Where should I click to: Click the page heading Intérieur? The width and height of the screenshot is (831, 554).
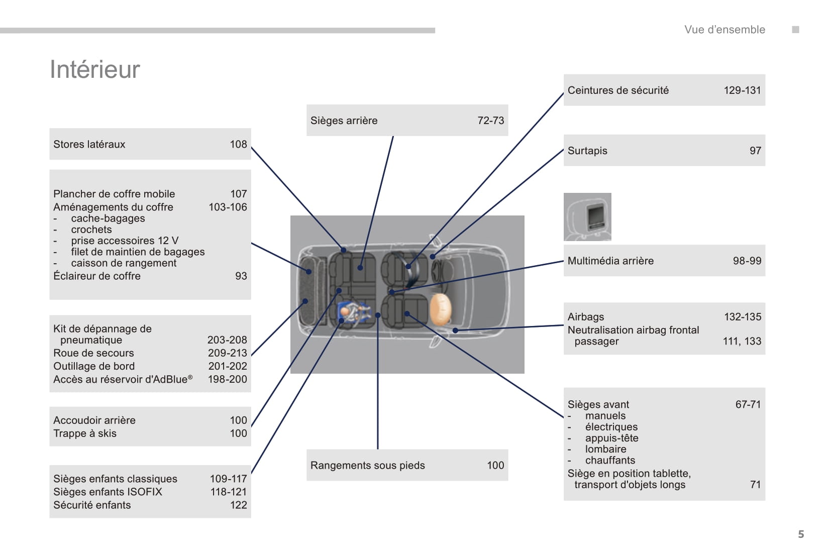(94, 69)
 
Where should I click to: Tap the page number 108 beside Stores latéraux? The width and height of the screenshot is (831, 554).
(238, 144)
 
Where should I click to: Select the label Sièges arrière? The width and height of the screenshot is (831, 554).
(344, 121)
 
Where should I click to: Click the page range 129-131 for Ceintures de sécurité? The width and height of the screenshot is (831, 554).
(742, 90)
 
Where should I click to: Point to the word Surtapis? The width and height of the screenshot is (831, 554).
(587, 151)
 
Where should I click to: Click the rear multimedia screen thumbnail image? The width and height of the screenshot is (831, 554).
(587, 217)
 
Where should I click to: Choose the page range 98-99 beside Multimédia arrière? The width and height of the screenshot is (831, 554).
(747, 261)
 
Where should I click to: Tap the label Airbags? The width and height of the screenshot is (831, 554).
(585, 317)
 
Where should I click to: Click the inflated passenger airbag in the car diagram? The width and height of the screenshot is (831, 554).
(441, 309)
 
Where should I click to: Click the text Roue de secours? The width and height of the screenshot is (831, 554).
(93, 353)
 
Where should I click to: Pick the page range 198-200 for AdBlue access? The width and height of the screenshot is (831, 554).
(227, 379)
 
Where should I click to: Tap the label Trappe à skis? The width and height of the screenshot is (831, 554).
(84, 433)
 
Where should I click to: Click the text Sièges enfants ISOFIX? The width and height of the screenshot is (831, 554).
(108, 492)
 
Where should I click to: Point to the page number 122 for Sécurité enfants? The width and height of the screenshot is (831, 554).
(238, 505)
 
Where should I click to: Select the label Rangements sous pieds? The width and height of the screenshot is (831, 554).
(367, 466)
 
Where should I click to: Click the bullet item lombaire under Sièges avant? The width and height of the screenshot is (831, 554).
(605, 449)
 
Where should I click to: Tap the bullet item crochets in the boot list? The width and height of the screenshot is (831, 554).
(91, 230)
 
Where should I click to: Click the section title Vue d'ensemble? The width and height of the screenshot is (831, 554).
(724, 30)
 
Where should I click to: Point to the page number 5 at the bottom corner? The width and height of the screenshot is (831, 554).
(801, 534)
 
